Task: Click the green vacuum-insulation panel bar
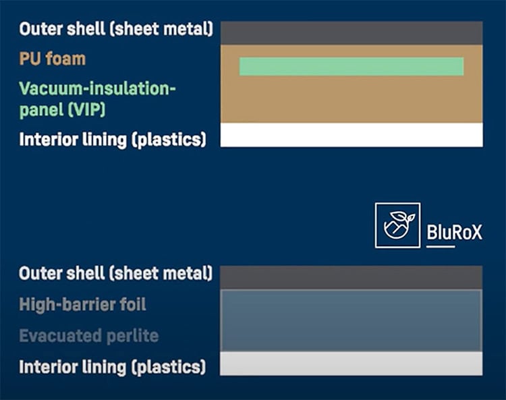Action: (352, 67)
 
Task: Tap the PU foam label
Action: (52, 59)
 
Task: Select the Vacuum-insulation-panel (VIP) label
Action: (97, 99)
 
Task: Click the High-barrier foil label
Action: (82, 305)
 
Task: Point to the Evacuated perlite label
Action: (89, 336)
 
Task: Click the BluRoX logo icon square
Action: (397, 225)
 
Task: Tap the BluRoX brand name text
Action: (454, 232)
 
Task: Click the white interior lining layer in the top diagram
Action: (352, 135)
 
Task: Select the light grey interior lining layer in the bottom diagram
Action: (351, 364)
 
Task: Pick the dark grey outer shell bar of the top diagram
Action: (352, 33)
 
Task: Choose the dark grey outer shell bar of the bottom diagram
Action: (351, 278)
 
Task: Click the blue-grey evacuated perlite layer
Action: (351, 320)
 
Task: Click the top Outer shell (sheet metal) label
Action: (116, 29)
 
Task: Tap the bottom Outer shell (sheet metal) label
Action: (116, 274)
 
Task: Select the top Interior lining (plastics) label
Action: (113, 140)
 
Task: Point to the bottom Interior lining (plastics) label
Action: (112, 368)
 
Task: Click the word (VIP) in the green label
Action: (86, 110)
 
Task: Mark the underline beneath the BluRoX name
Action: (441, 247)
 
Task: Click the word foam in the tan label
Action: (65, 59)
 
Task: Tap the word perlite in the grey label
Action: (132, 336)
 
